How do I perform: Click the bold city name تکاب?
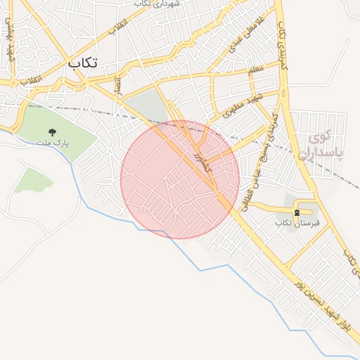click(82, 63)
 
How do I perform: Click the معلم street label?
click(256, 69)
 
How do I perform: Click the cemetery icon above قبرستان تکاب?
click(297, 211)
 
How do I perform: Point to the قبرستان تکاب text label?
click(297, 223)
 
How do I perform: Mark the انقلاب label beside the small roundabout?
click(31, 79)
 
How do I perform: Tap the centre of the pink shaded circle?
click(180, 180)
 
